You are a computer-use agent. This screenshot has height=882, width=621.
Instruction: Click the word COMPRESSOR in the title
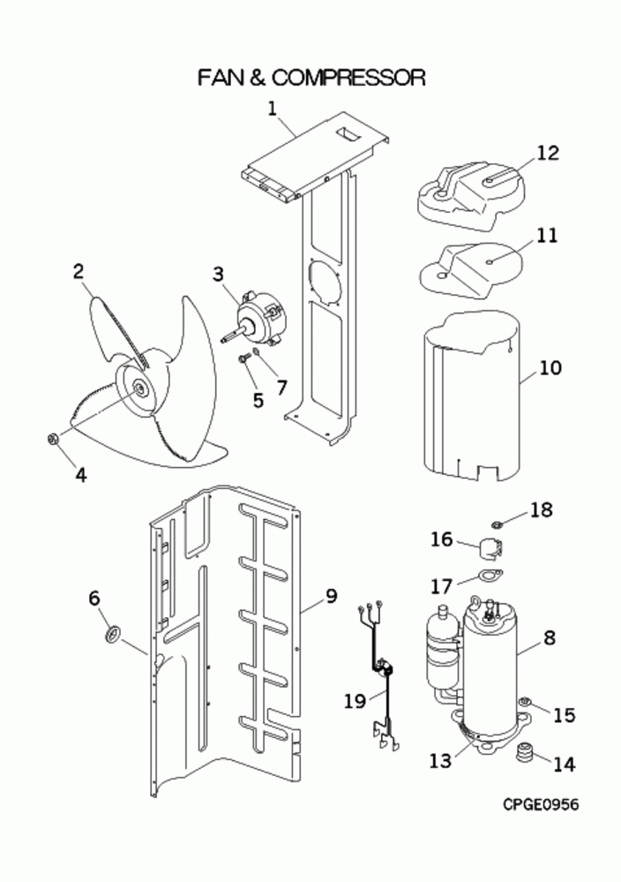coord(349,78)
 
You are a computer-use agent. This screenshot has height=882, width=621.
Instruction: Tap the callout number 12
coord(548,152)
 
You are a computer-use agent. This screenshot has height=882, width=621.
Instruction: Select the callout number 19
coord(355,701)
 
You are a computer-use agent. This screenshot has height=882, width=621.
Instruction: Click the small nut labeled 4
coord(52,438)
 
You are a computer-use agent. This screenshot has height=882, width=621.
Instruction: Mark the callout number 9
coord(331,596)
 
